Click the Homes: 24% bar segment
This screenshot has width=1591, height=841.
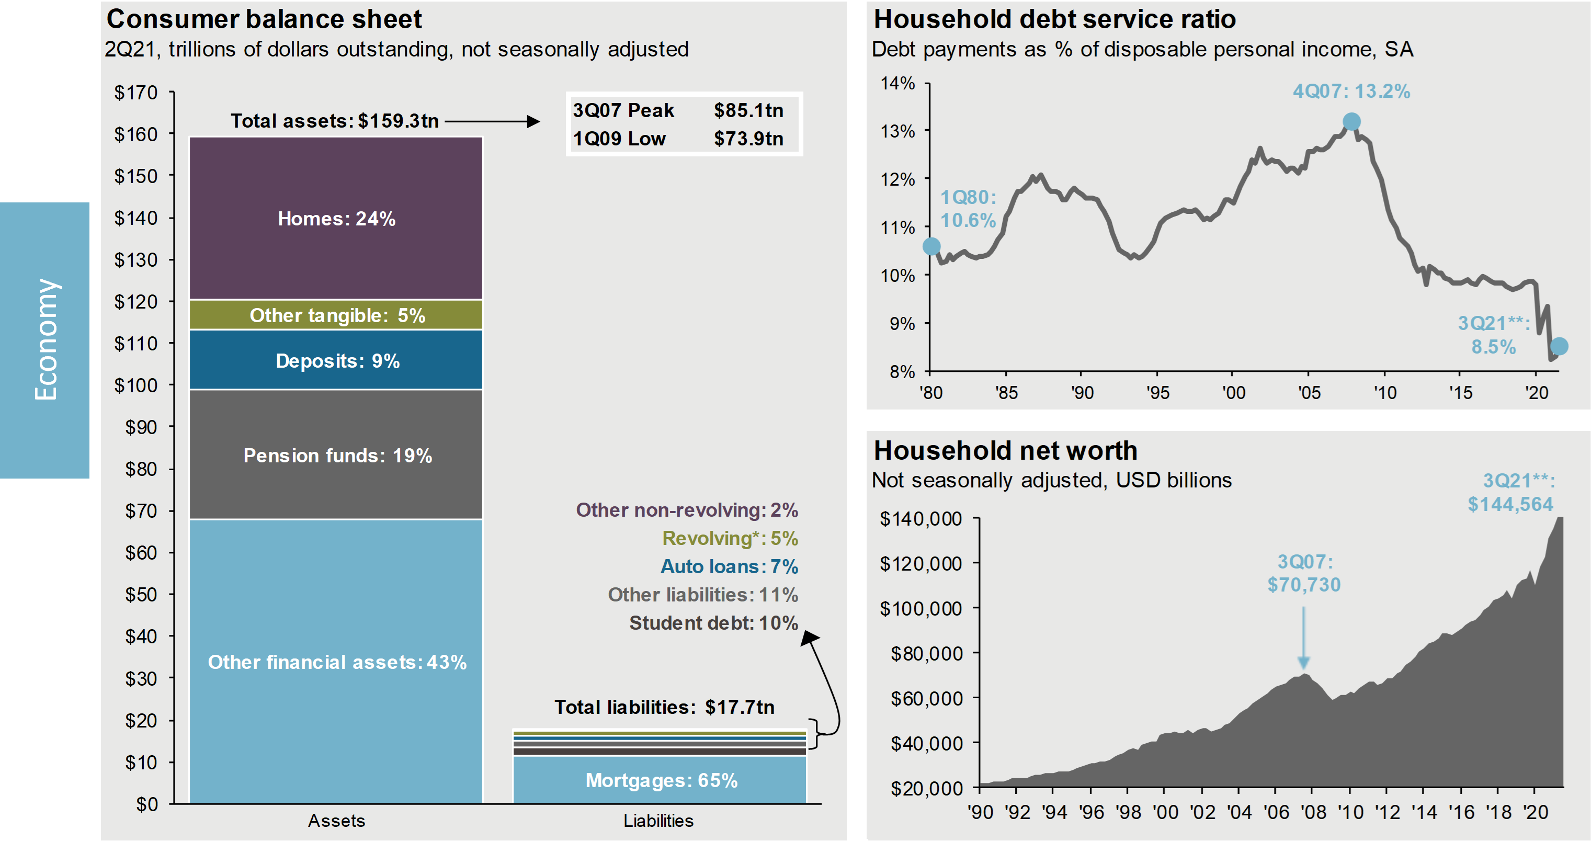point(336,219)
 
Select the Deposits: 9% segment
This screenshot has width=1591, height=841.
point(336,360)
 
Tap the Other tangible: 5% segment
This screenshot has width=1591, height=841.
point(336,315)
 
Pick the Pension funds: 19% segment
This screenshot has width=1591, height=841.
point(336,456)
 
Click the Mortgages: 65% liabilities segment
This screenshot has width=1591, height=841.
point(660,780)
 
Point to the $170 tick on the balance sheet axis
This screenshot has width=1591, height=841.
point(136,93)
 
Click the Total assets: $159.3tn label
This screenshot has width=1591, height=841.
point(335,121)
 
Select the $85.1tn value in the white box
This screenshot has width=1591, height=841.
point(748,110)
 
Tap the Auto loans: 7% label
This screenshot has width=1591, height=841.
point(729,566)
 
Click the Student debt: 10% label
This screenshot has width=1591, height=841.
point(713,623)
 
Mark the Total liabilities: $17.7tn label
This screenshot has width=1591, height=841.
point(664,707)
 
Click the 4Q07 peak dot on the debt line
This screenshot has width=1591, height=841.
point(1351,122)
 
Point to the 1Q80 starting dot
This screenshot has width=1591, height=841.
point(931,246)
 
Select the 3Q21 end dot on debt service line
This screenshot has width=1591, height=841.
point(1559,346)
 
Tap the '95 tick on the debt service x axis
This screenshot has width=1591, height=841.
point(1157,393)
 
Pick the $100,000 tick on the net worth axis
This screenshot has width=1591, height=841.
point(920,609)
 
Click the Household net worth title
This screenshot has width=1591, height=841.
point(1005,451)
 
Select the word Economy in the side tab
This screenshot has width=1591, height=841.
point(45,339)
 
